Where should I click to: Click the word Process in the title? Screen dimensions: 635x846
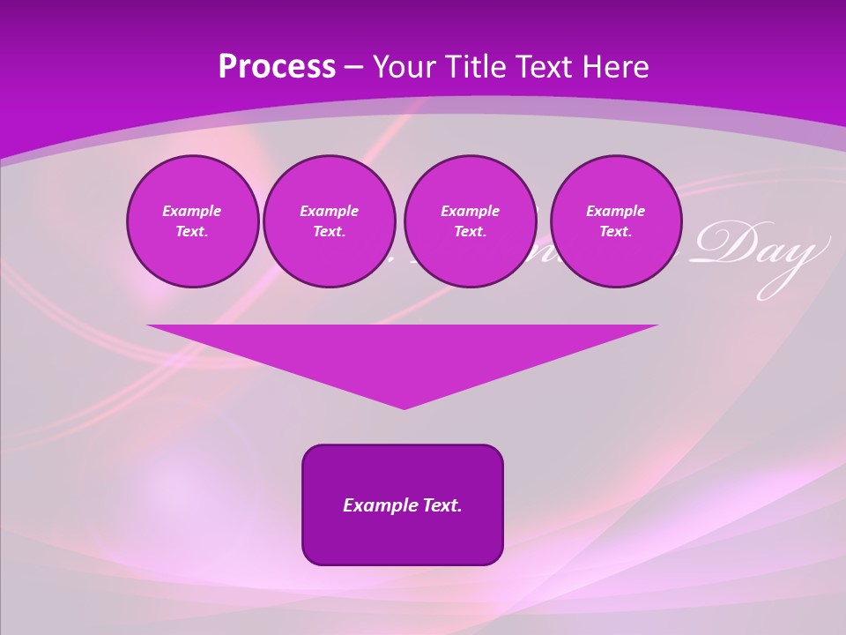tap(277, 67)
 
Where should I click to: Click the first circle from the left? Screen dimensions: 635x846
tap(192, 221)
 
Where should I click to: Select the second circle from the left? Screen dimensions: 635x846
tap(329, 221)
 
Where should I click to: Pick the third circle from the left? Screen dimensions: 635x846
tap(470, 221)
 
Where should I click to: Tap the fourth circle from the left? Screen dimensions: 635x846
tap(615, 221)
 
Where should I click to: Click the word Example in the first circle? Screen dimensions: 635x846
tap(192, 211)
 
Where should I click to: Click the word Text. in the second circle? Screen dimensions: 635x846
tap(329, 232)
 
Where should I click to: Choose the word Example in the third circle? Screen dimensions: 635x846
tap(470, 211)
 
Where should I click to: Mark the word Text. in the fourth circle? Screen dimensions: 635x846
tap(615, 232)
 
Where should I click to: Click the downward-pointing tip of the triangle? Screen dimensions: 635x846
tap(404, 407)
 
